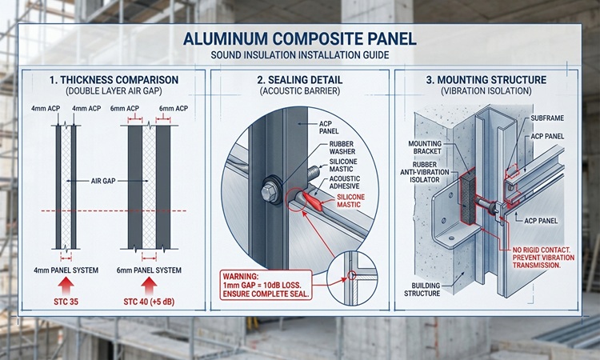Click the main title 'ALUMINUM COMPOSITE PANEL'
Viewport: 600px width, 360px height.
tap(300, 39)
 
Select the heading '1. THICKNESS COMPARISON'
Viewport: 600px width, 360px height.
tap(114, 80)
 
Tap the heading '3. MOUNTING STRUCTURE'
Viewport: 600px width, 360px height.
tap(486, 80)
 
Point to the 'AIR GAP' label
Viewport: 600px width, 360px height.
tap(103, 181)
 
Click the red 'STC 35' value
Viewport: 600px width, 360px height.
tap(66, 302)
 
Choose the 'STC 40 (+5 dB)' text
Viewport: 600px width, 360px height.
tap(149, 302)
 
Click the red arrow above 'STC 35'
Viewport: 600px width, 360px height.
tap(66, 286)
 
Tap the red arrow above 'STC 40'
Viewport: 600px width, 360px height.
tap(149, 286)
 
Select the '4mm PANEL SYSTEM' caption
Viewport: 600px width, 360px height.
tap(66, 270)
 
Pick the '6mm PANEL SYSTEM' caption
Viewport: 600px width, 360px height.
tap(149, 270)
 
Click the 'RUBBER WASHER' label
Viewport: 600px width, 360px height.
tap(342, 148)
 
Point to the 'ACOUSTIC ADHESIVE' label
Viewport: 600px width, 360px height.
tap(344, 182)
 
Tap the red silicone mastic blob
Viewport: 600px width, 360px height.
tap(314, 200)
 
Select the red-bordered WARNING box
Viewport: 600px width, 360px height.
tap(266, 285)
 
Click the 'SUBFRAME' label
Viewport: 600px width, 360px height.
tap(547, 118)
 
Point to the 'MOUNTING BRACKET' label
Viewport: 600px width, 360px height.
tap(425, 147)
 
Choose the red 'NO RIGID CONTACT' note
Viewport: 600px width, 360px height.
tap(543, 258)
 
